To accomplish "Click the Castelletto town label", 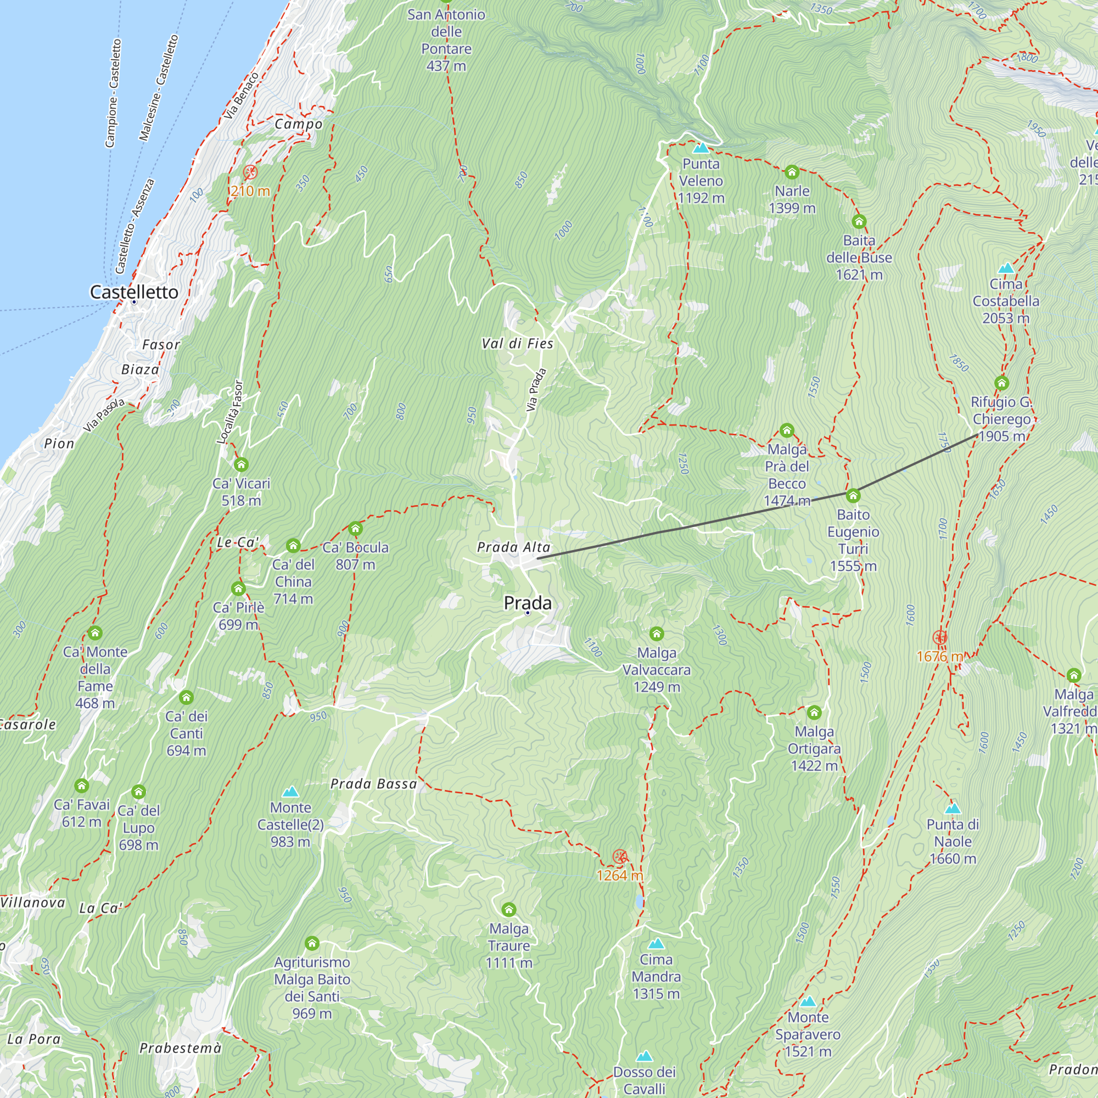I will (x=134, y=292).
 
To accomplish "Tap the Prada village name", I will (x=528, y=603).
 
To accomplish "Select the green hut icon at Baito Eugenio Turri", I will (x=853, y=496).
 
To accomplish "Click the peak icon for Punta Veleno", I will (x=701, y=148).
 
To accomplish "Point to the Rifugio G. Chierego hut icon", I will (x=1001, y=383).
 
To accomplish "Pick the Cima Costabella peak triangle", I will (x=1006, y=268).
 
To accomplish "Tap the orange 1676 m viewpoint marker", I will (x=939, y=637).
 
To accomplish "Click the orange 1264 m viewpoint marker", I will (x=620, y=856).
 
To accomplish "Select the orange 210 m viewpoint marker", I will (x=250, y=172).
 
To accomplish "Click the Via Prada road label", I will (x=535, y=390).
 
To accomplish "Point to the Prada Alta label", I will (x=513, y=547).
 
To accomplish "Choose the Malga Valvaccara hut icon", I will (x=657, y=634).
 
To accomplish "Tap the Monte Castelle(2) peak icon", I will (x=290, y=792).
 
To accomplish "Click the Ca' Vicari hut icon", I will (x=241, y=465).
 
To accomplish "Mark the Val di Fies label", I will (x=517, y=344).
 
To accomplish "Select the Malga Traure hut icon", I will (x=509, y=910).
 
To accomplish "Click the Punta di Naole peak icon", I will (x=953, y=809).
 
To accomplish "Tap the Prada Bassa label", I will (x=373, y=785).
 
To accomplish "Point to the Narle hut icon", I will (x=792, y=172).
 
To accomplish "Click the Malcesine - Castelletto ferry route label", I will (x=159, y=88).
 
